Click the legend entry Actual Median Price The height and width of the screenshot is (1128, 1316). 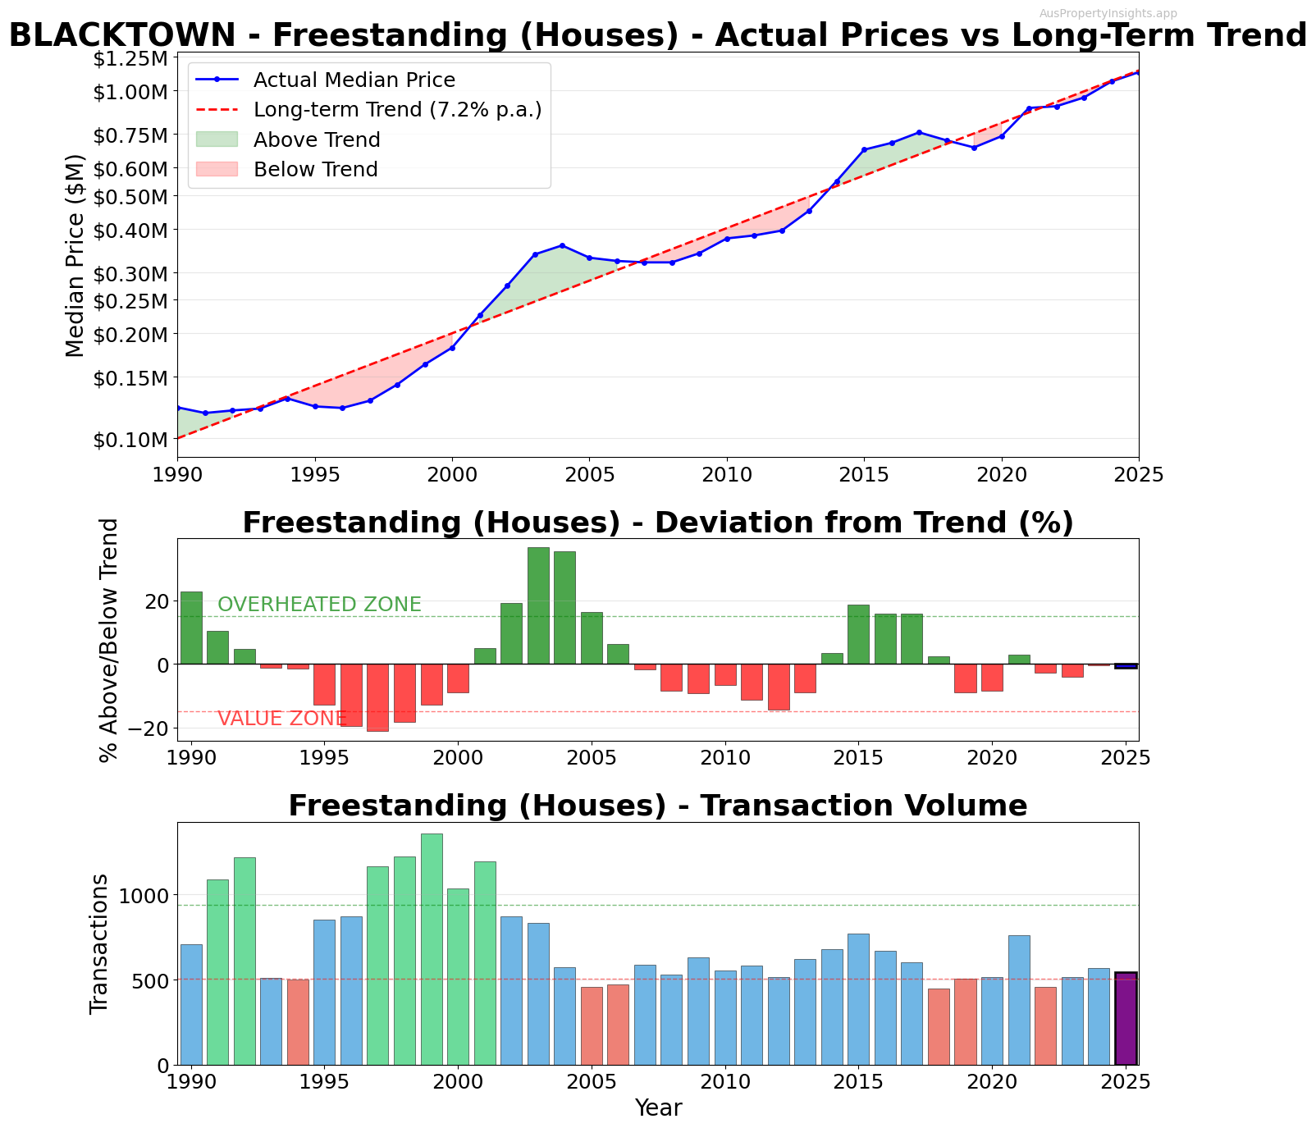(354, 80)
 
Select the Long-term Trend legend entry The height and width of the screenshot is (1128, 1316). (397, 110)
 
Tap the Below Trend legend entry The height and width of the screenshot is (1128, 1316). (315, 170)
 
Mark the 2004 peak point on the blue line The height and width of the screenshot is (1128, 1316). (562, 245)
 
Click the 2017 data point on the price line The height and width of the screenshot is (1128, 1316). (919, 132)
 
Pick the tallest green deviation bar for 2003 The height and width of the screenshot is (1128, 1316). (538, 605)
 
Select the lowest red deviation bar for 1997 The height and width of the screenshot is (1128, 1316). (377, 697)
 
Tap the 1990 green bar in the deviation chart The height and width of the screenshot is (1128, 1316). (191, 628)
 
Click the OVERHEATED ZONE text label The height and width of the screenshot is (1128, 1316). (319, 605)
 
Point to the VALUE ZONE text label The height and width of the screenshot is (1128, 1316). (281, 719)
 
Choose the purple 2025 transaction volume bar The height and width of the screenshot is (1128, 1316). (1126, 1018)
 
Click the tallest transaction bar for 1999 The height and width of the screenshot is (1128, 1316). (432, 949)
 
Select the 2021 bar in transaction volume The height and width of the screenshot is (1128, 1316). (1019, 1000)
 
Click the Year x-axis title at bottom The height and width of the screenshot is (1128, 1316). (658, 1108)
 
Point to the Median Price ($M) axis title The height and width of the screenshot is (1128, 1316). (75, 255)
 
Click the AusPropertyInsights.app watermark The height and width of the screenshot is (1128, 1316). (1108, 13)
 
